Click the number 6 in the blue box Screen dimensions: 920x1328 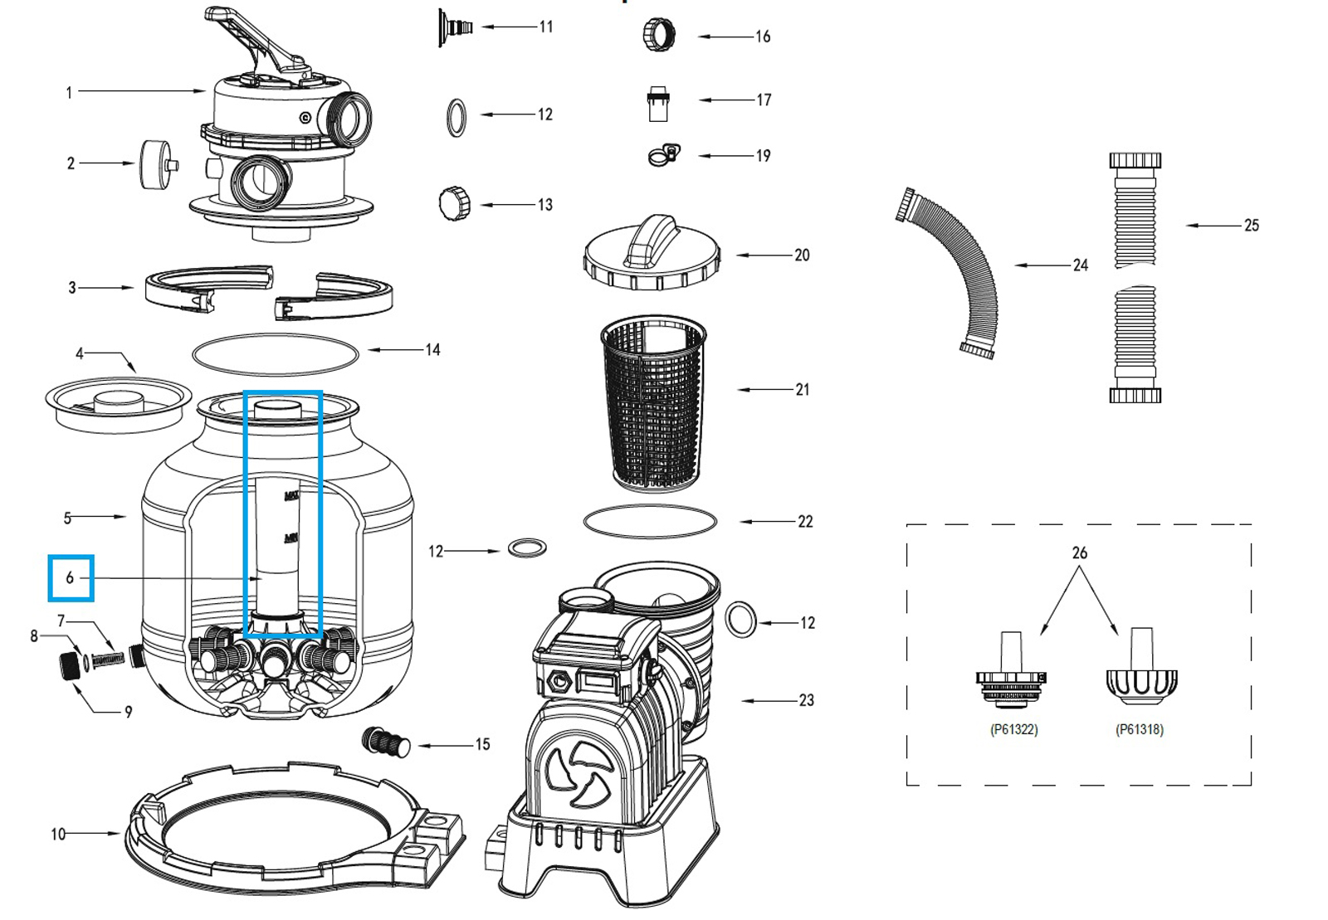70,577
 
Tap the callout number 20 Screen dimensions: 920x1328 802,256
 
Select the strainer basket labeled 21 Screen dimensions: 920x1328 654,402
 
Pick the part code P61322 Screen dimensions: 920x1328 1013,729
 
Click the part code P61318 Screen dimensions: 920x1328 1139,729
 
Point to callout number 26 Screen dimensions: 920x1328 1079,552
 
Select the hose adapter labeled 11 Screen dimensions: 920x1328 455,27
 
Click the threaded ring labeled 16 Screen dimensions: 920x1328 659,36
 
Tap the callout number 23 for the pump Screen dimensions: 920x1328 806,700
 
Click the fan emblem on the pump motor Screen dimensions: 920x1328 580,776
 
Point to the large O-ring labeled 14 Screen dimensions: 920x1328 275,354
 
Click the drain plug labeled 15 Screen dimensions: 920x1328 386,741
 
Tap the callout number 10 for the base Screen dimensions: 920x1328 58,834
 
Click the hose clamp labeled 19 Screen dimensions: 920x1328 664,155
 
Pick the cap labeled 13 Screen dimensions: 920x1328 454,203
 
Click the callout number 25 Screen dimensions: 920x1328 1251,225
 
